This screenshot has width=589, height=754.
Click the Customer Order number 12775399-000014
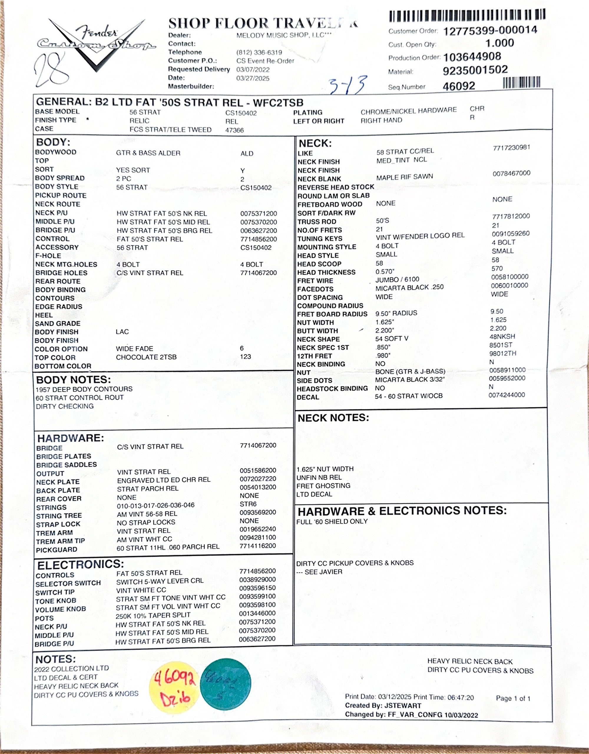(x=490, y=31)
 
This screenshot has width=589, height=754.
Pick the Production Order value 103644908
(x=472, y=57)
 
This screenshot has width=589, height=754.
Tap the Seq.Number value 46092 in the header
(x=459, y=86)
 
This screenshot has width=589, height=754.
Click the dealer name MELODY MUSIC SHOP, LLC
(x=284, y=35)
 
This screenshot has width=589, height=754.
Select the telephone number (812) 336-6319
(x=259, y=52)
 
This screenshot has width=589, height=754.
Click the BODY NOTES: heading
(x=74, y=380)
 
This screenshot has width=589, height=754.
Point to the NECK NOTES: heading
(x=333, y=418)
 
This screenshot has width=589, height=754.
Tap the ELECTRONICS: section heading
(x=80, y=564)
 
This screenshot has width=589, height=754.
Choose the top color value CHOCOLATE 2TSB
(x=146, y=357)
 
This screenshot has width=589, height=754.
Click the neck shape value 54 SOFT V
(x=392, y=339)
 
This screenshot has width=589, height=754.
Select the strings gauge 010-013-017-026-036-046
(x=155, y=505)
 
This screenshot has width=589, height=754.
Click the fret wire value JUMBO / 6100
(x=397, y=279)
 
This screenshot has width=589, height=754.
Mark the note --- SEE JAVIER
(x=319, y=572)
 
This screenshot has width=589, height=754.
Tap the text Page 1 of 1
(x=513, y=698)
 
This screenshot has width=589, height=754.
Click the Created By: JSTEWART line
(x=383, y=706)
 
